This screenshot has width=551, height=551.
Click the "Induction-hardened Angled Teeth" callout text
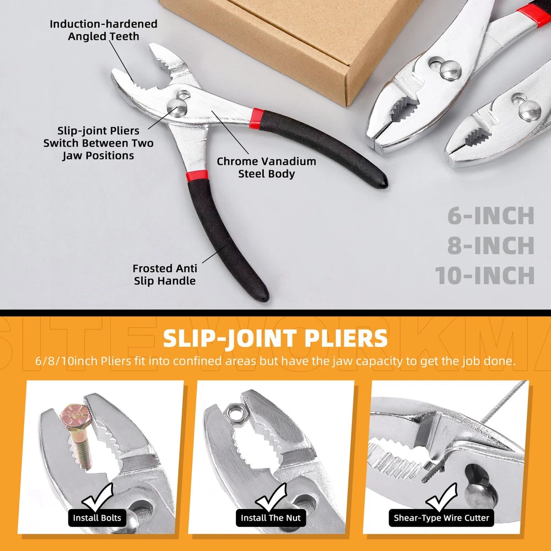(104, 30)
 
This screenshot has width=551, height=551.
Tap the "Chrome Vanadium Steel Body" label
(266, 168)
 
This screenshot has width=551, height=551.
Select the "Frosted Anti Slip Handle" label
(165, 274)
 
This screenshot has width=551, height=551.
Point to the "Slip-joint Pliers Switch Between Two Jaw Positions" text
(98, 143)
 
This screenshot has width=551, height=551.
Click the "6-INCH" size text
(491, 216)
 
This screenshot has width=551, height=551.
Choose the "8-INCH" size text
(491, 245)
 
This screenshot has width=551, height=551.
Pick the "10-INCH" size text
(485, 275)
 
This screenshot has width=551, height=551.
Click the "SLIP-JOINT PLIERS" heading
(275, 338)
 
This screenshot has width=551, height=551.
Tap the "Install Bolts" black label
(97, 517)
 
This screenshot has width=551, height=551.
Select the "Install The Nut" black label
(271, 517)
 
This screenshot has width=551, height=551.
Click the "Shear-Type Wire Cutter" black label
(441, 517)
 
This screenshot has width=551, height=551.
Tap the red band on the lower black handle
(197, 176)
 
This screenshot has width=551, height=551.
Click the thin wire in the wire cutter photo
(503, 402)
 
